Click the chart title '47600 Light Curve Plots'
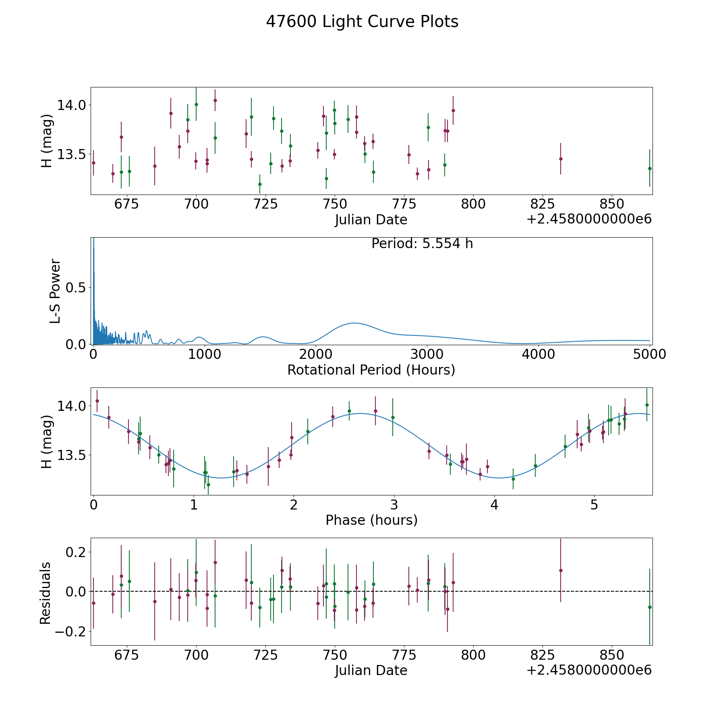[x=362, y=22]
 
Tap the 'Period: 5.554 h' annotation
[x=422, y=244]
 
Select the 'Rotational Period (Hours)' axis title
[x=371, y=370]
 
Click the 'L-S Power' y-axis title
[x=55, y=291]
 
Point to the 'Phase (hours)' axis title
[x=371, y=520]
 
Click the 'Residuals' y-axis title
[x=45, y=593]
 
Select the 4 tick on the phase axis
[x=494, y=505]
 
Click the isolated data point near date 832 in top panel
[x=561, y=159]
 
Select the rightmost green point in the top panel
[x=650, y=168]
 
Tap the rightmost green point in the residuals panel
[x=650, y=607]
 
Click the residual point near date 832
[x=561, y=570]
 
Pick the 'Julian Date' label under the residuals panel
[x=371, y=670]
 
